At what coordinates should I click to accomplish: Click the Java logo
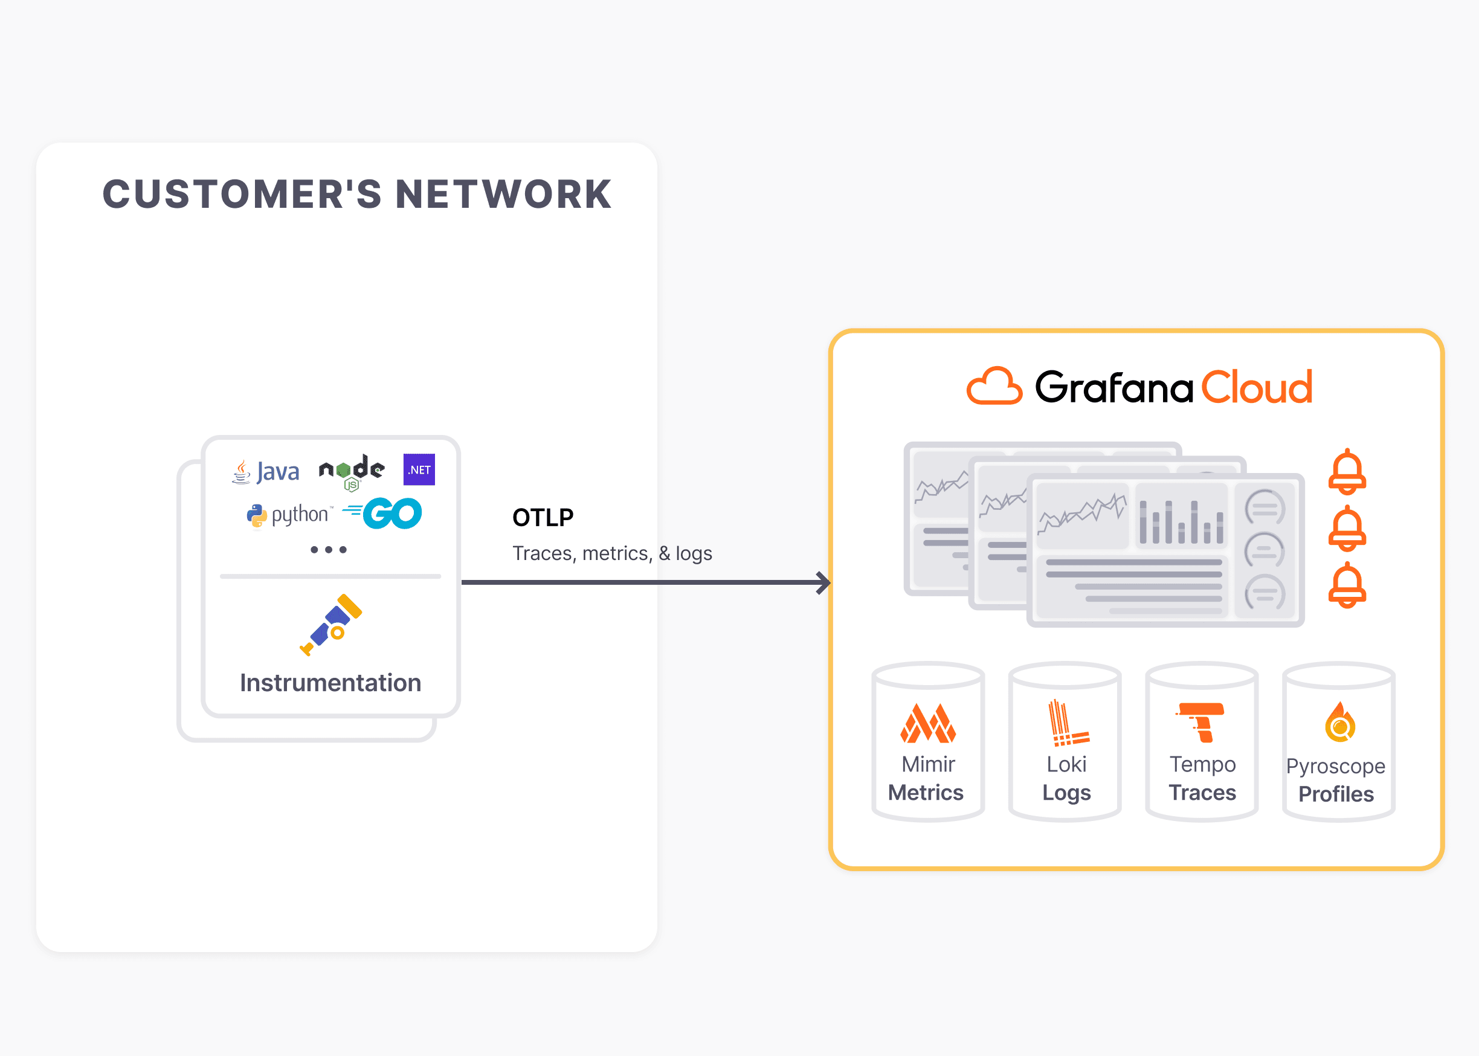click(x=266, y=471)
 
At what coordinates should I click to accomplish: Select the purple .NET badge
click(x=419, y=469)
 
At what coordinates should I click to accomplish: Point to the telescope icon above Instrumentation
click(x=331, y=624)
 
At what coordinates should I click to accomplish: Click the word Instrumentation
click(x=330, y=683)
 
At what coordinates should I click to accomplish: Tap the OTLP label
click(x=543, y=518)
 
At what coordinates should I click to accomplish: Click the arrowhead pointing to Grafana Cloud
click(x=823, y=582)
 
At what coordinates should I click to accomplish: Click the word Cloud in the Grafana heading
click(x=1256, y=388)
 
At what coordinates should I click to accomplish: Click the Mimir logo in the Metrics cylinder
click(x=928, y=723)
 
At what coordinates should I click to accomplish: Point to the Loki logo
click(x=1067, y=723)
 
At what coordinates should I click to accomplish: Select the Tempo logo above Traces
click(x=1202, y=721)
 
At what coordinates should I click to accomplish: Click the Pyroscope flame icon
click(x=1339, y=723)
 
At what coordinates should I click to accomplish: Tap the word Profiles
click(x=1336, y=794)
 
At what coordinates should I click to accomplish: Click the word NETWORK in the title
click(x=503, y=195)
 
